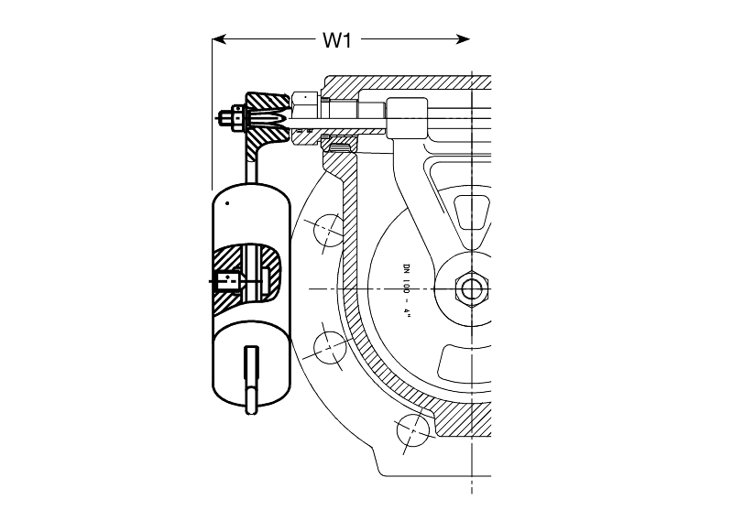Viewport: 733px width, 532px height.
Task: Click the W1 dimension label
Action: click(x=336, y=40)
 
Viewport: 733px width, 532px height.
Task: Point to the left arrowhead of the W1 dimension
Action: click(x=220, y=39)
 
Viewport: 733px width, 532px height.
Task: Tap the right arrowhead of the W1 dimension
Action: click(x=463, y=39)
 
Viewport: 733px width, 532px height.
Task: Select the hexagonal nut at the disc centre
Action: click(x=471, y=288)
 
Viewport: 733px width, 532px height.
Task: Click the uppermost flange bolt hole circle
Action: click(x=330, y=230)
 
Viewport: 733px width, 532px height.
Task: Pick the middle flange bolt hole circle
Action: click(x=330, y=348)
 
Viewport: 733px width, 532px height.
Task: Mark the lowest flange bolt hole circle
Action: click(x=413, y=430)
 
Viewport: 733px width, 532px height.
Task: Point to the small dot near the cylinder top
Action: click(x=227, y=203)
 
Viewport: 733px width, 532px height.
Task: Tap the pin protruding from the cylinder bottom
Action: click(x=251, y=380)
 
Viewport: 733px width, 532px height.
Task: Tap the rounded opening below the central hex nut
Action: click(x=465, y=363)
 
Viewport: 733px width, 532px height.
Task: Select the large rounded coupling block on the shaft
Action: click(x=407, y=118)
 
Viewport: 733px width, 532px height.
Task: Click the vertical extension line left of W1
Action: click(x=213, y=114)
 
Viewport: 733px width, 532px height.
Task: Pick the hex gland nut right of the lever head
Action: click(x=305, y=118)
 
